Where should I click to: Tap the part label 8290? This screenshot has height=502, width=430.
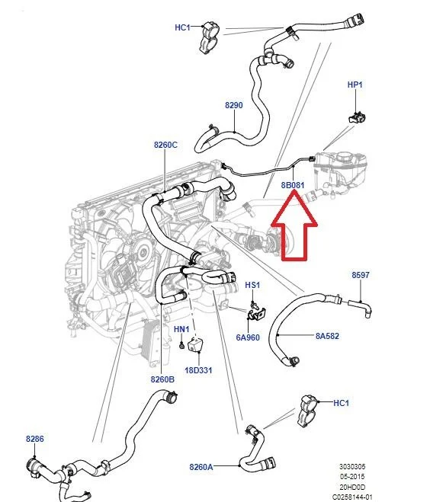pyautogui.click(x=234, y=105)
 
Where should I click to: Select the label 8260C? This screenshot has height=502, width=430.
pyautogui.click(x=165, y=145)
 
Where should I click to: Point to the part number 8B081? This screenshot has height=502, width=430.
pyautogui.click(x=293, y=185)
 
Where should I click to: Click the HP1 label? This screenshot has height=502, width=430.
pyautogui.click(x=355, y=85)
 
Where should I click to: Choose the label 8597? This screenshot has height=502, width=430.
pyautogui.click(x=361, y=275)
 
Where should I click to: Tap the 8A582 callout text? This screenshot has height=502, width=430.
pyautogui.click(x=327, y=336)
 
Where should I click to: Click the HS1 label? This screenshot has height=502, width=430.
pyautogui.click(x=252, y=285)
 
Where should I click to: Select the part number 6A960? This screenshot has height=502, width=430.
pyautogui.click(x=248, y=337)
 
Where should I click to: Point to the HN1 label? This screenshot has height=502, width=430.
pyautogui.click(x=181, y=329)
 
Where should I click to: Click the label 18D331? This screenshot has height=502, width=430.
pyautogui.click(x=198, y=370)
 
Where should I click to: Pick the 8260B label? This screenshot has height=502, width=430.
pyautogui.click(x=162, y=379)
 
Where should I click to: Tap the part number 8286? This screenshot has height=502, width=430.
pyautogui.click(x=35, y=439)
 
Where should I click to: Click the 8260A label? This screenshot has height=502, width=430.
pyautogui.click(x=201, y=467)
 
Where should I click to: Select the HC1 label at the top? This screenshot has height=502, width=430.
pyautogui.click(x=182, y=27)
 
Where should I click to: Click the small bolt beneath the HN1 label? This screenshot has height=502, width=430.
pyautogui.click(x=181, y=346)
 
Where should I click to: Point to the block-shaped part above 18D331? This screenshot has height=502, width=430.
pyautogui.click(x=195, y=344)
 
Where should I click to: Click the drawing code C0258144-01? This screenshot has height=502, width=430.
pyautogui.click(x=352, y=497)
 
